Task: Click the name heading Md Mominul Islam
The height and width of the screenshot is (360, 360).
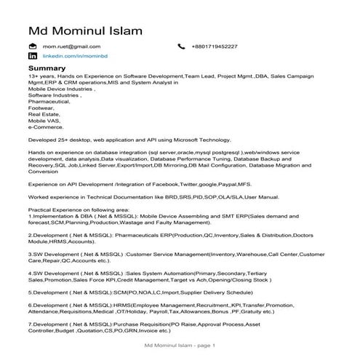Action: pyautogui.click(x=85, y=31)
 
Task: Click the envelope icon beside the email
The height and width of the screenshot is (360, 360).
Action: pyautogui.click(x=32, y=47)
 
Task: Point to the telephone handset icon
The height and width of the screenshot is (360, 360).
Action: pyautogui.click(x=181, y=47)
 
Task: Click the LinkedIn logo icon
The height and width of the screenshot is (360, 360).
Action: pyautogui.click(x=32, y=56)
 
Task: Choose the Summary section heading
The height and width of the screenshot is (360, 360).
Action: pyautogui.click(x=47, y=68)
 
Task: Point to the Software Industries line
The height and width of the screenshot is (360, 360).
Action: pyautogui.click(x=55, y=95)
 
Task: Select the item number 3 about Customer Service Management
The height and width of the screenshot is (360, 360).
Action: pyautogui.click(x=30, y=254)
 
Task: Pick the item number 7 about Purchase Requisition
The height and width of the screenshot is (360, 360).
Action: pyautogui.click(x=30, y=323)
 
